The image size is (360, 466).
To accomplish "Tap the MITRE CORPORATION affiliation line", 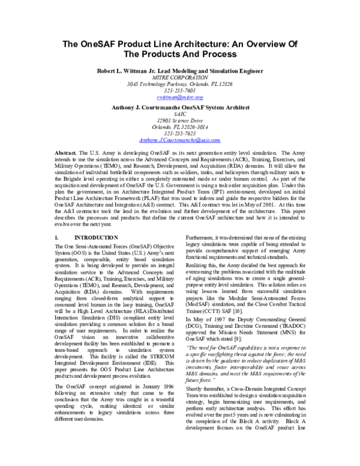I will point(180,77).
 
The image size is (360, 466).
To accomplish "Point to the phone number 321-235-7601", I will point(180,90).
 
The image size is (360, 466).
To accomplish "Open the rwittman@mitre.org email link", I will point(180,97).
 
